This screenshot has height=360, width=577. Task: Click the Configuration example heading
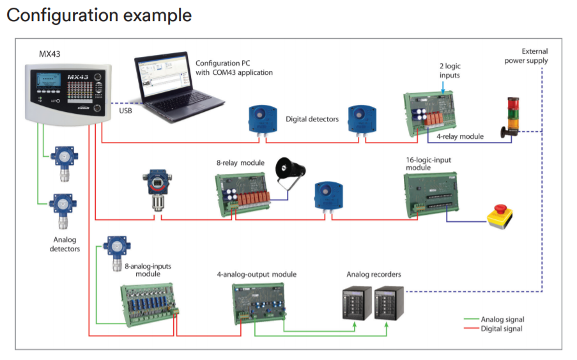click(x=99, y=15)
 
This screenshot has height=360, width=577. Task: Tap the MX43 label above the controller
click(x=50, y=54)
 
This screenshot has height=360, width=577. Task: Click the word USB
click(x=126, y=111)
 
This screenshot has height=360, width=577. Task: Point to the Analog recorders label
click(x=374, y=274)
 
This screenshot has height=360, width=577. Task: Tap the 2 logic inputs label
click(x=450, y=71)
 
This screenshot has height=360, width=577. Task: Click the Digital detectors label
click(x=312, y=119)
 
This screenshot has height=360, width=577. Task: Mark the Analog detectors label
click(x=65, y=244)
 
